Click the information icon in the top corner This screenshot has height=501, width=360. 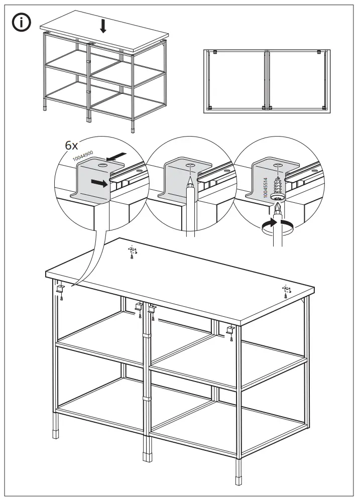pos(22,22)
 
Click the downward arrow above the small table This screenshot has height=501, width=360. pos(103,26)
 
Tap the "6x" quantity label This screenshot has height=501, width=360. pos(71,146)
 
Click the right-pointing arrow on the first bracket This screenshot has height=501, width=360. pos(100,184)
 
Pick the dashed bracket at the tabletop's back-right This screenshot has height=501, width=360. pos(286,289)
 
